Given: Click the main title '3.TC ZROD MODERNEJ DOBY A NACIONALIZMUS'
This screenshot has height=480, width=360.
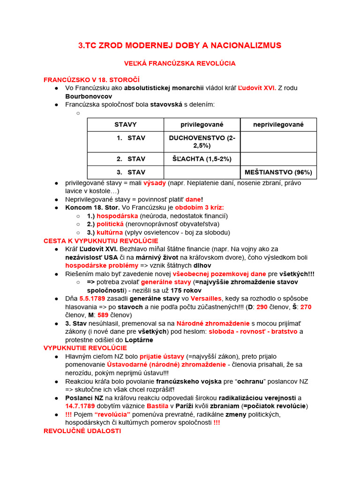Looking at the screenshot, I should tap(180, 45).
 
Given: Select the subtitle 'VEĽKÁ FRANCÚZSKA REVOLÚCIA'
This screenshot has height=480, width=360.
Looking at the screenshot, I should tap(180, 63).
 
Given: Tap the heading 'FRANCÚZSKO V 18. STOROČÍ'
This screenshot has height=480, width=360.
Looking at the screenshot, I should tap(91, 80).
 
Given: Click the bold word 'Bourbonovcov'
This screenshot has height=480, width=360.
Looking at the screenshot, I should tap(89, 96).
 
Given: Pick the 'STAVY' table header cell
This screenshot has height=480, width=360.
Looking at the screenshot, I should tap(125, 125).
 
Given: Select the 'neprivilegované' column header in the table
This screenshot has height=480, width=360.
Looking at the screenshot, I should tap(278, 125).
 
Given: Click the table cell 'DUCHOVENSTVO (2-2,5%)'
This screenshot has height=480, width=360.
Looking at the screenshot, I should tap(202, 142).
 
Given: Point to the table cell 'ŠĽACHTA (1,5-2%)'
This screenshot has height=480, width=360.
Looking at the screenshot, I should tap(202, 159).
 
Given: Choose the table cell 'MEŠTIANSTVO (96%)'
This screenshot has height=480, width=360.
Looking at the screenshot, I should tap(278, 172).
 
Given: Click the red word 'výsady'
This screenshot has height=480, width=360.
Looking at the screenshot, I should tap(155, 182).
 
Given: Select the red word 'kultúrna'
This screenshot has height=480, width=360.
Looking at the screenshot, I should tap(110, 232).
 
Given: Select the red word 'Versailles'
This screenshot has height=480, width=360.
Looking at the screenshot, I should tap(205, 299).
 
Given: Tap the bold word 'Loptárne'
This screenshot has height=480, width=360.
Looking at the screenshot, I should tap(139, 340).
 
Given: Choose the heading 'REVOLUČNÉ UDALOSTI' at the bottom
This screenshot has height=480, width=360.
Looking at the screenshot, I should tap(82, 431).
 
